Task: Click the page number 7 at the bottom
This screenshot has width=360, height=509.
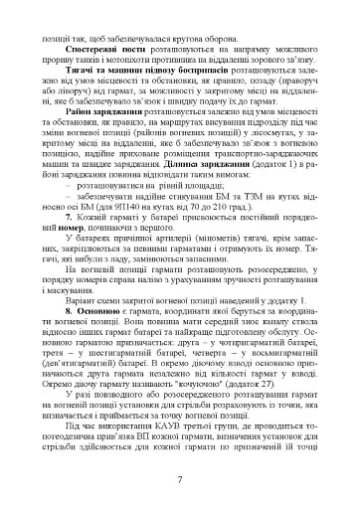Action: [179, 480]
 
